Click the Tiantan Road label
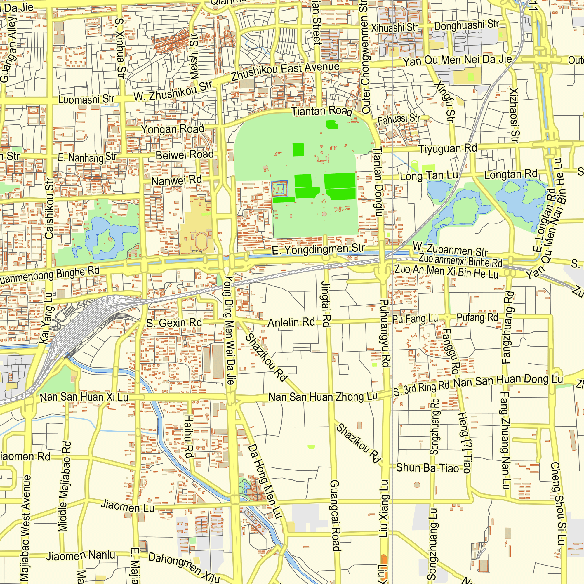(x=322, y=111)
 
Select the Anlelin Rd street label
(x=291, y=323)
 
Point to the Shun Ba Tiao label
(x=427, y=468)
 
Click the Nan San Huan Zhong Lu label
(x=323, y=397)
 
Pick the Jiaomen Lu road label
(x=128, y=506)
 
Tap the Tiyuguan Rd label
(x=447, y=149)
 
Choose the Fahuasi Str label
(x=399, y=119)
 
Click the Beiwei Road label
(x=185, y=155)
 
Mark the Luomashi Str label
(x=86, y=99)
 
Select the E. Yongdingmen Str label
(x=318, y=250)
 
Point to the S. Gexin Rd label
(x=174, y=323)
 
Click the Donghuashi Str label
(x=466, y=25)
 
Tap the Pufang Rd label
(x=477, y=318)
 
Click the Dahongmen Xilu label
(x=183, y=567)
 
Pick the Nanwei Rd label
(x=177, y=180)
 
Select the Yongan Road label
(x=172, y=129)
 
